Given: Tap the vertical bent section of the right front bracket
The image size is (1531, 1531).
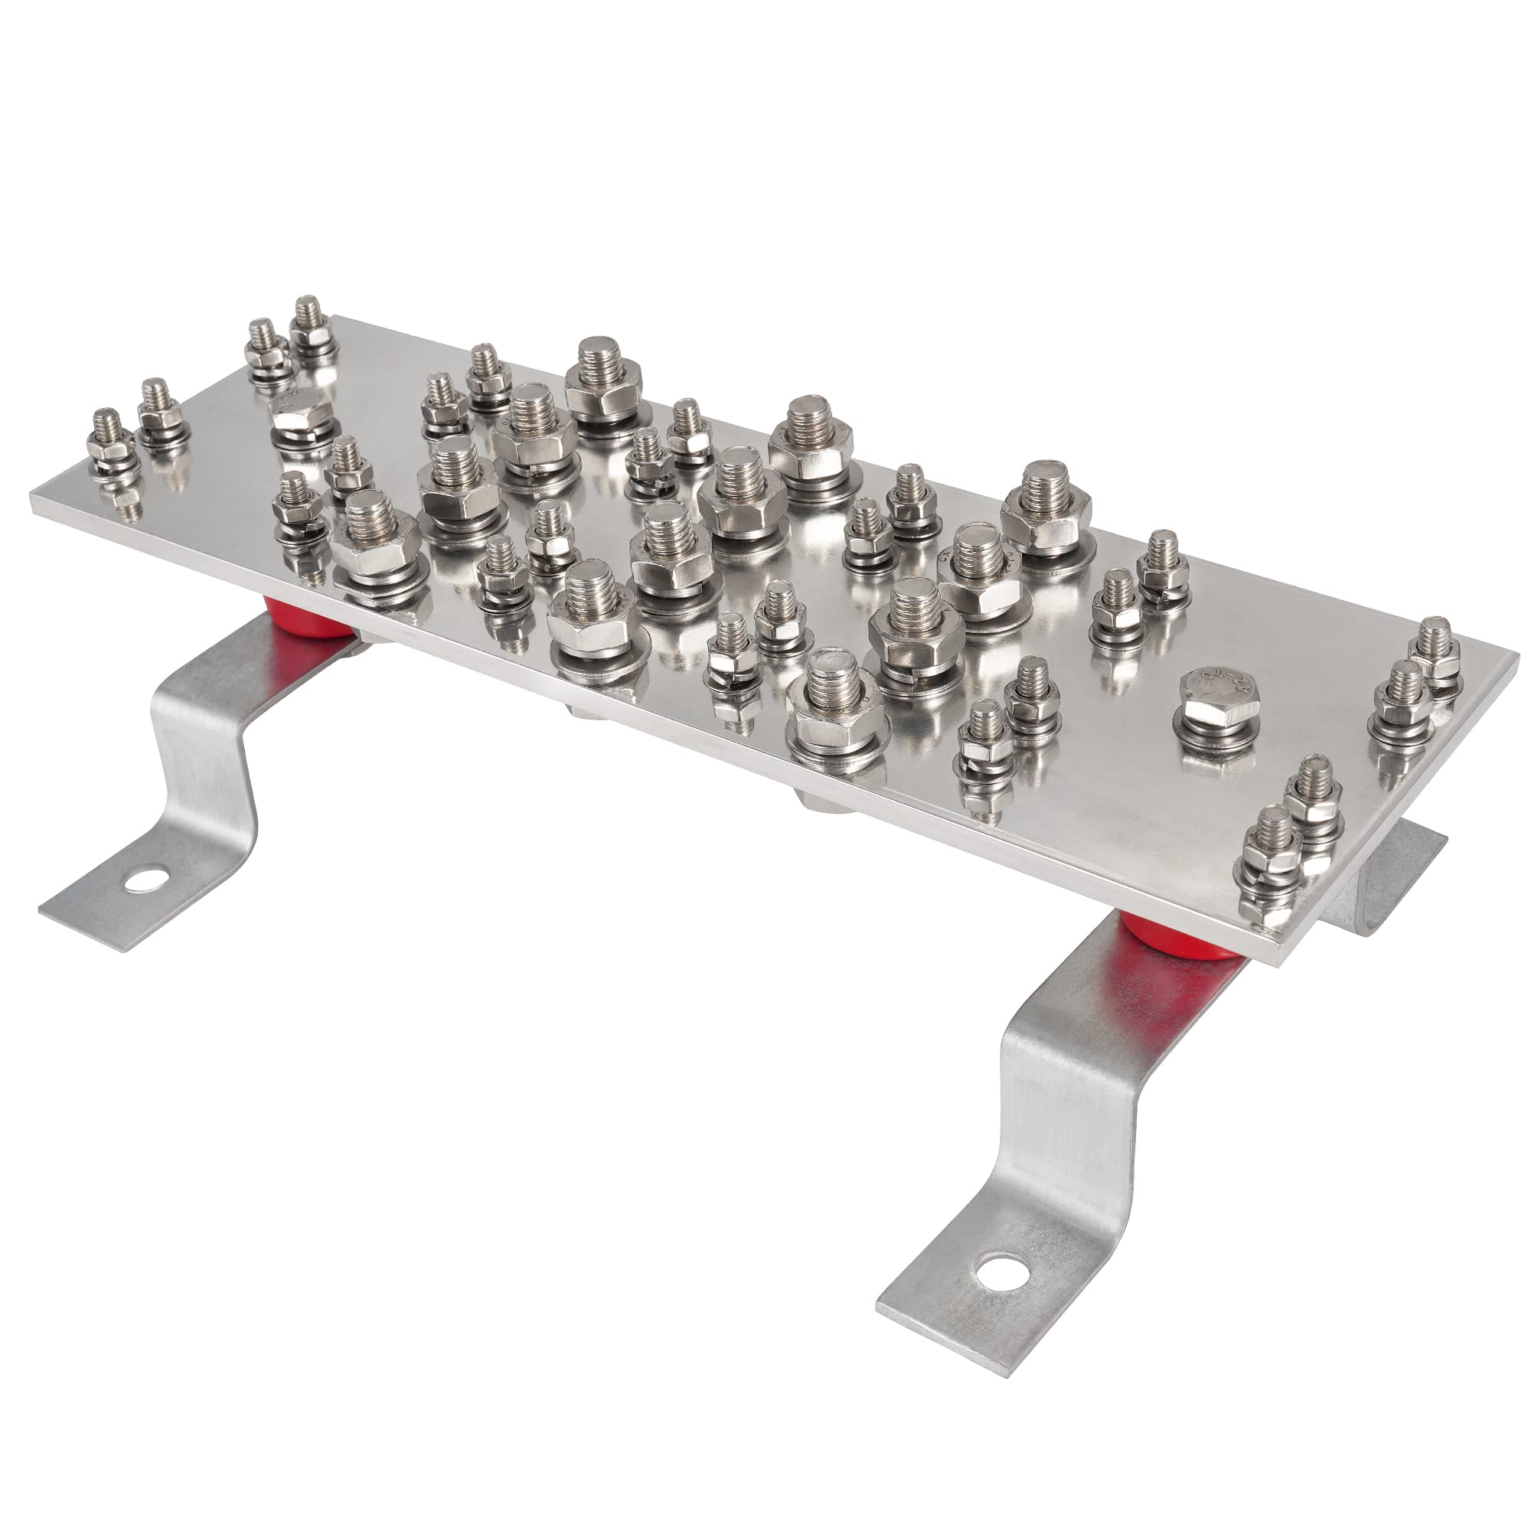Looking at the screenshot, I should point(1054,1125).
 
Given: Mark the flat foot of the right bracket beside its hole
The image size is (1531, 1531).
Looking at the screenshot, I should point(951,1315).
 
